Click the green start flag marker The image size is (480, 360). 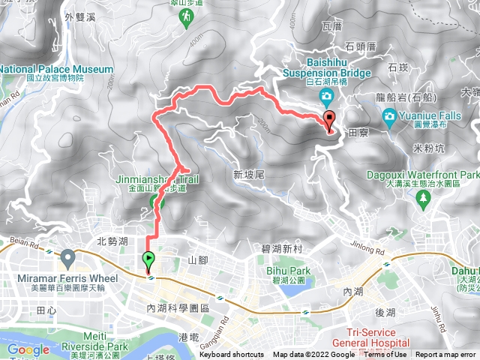(x=148, y=260)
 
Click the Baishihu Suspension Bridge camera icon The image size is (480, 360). (x=326, y=97)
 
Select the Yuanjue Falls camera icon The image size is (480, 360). (x=390, y=115)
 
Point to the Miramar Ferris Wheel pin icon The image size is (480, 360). (x=68, y=260)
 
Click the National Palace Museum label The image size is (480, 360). (x=56, y=70)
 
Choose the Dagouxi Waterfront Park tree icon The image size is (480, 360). (x=424, y=198)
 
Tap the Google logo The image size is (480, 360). (x=28, y=349)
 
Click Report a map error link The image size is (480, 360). (x=446, y=355)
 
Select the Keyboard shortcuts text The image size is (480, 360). (x=232, y=355)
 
